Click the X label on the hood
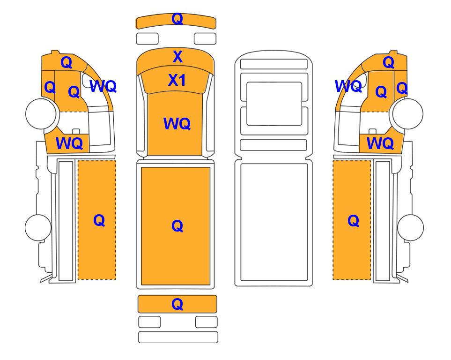tap(177, 57)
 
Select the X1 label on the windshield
tap(177, 80)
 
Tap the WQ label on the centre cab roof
tap(177, 124)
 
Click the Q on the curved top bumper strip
tap(177, 19)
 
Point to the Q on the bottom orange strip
tap(177, 304)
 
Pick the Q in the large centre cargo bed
tap(177, 226)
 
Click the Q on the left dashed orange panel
tap(99, 221)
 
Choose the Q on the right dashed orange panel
tap(353, 221)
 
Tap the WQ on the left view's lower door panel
tap(69, 143)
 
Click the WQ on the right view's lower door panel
tap(380, 143)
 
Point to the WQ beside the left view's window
tap(103, 86)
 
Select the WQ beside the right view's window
tap(348, 86)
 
